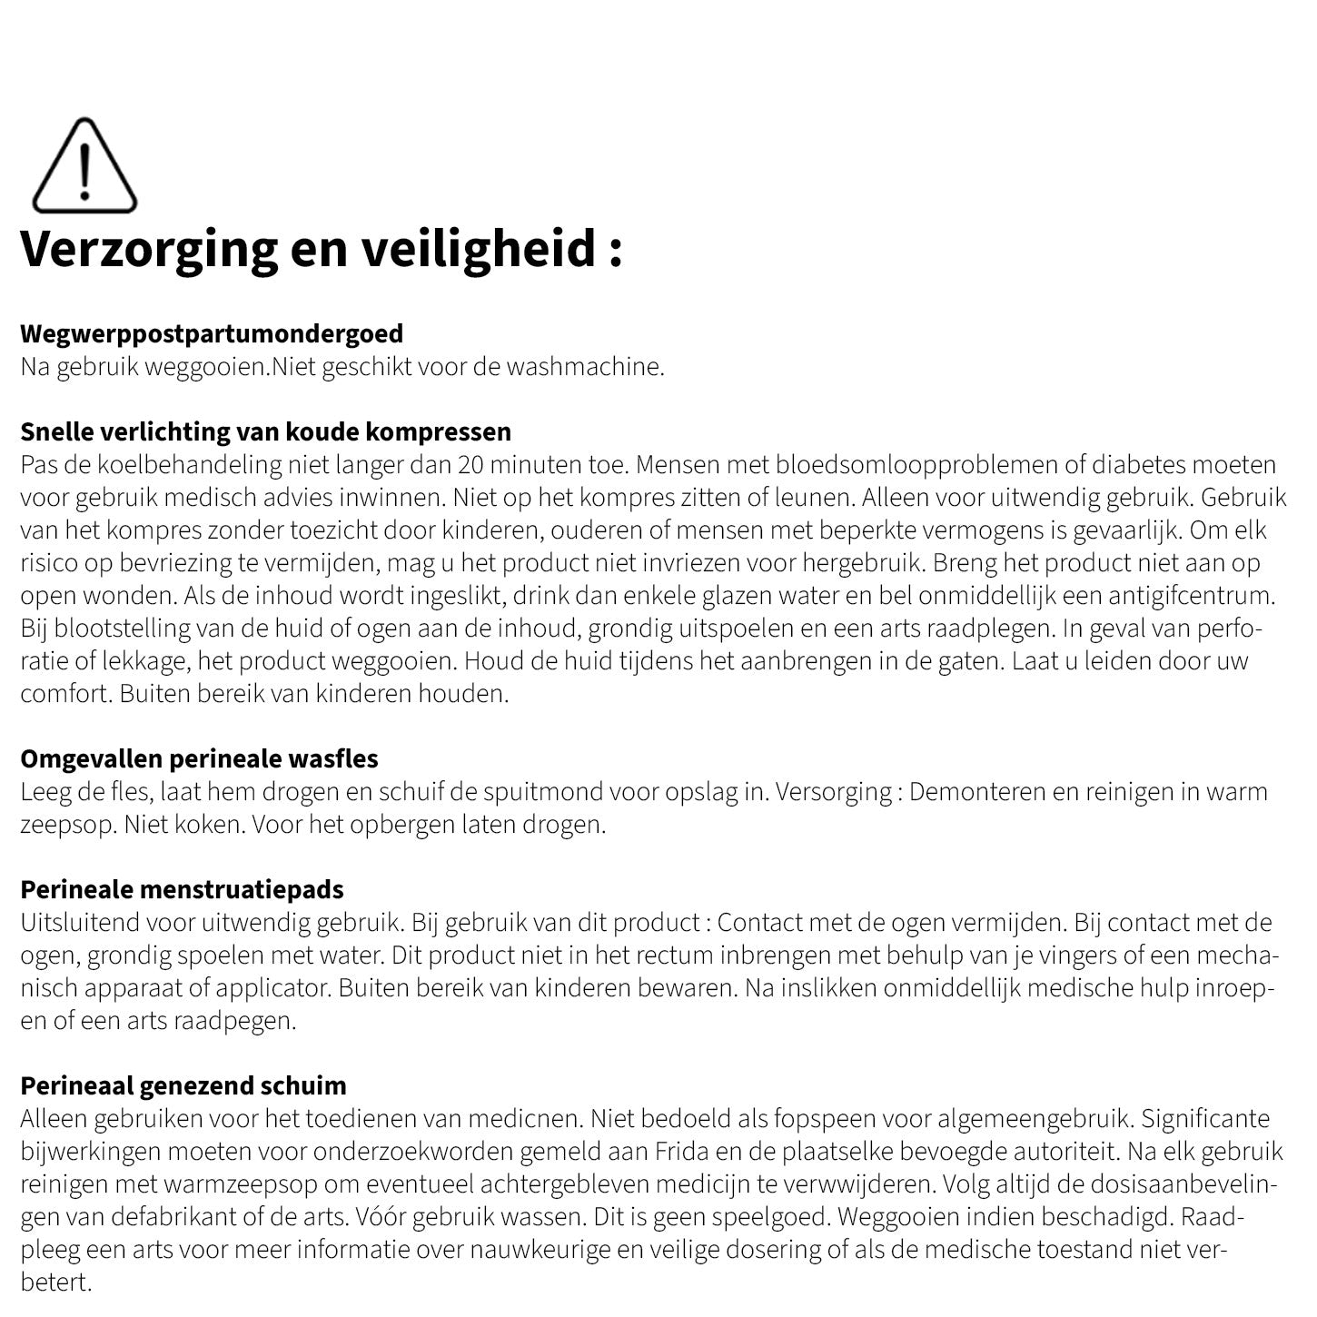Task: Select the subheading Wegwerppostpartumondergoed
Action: tap(212, 333)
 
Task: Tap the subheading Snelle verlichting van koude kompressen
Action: tap(265, 431)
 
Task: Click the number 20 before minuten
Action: tap(471, 465)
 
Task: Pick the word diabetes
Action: tap(1136, 465)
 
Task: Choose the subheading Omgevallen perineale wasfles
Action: tap(199, 758)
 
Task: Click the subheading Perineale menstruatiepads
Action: tap(182, 889)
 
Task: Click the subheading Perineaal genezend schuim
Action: tap(183, 1085)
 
